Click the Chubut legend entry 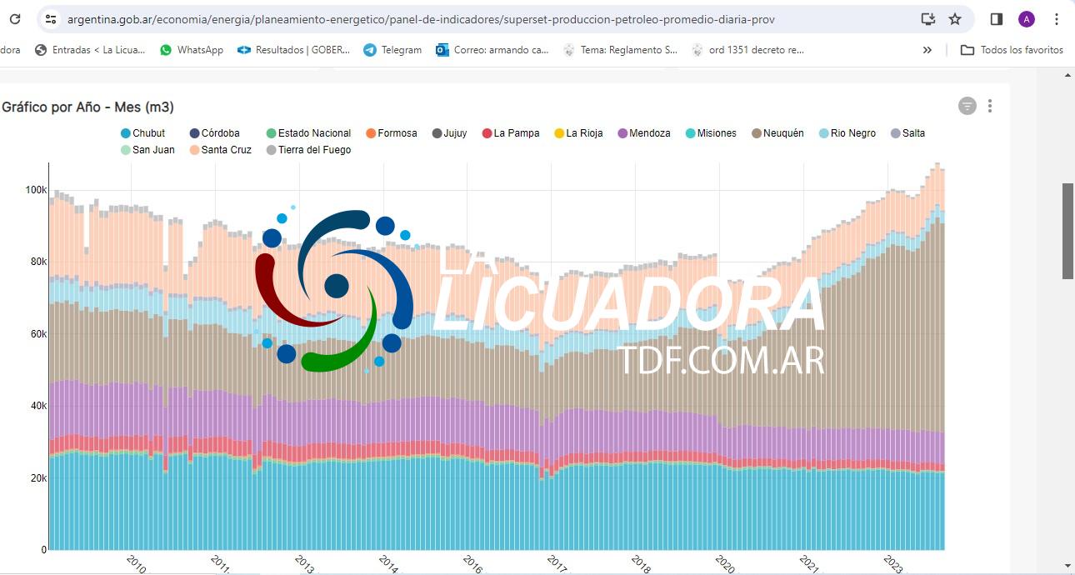143,133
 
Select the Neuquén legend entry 777,133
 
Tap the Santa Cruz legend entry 220,150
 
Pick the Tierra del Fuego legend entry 308,150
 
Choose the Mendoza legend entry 643,133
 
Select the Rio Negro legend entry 847,133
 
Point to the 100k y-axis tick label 36,190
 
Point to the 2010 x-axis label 136,563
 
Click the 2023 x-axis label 892,563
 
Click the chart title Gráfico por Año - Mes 87,107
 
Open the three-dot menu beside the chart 990,106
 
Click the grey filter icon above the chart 967,106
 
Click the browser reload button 15,19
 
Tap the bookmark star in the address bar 955,19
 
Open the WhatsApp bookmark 192,50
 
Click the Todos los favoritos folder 1012,50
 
